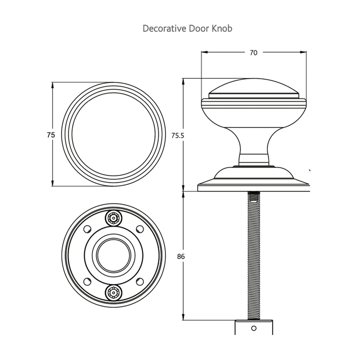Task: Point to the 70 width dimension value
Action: (253, 53)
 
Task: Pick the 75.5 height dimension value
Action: (178, 135)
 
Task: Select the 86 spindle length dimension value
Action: (182, 256)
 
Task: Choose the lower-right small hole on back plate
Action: (139, 281)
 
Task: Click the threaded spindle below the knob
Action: (253, 256)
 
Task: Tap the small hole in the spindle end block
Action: (253, 328)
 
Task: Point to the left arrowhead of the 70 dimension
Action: (203, 53)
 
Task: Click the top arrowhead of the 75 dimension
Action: (53, 85)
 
